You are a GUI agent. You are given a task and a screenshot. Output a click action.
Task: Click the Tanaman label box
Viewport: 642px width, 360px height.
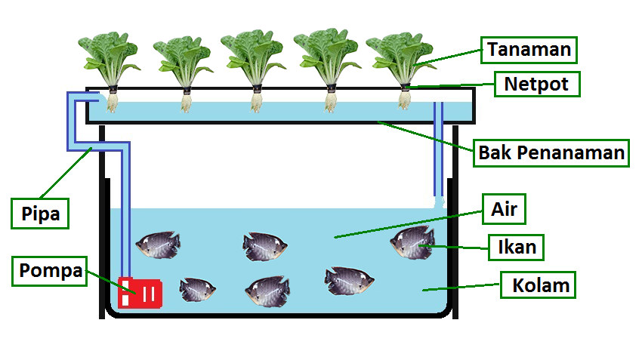pyautogui.click(x=529, y=50)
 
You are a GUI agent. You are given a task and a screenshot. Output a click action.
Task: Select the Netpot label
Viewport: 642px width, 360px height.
pyautogui.click(x=537, y=83)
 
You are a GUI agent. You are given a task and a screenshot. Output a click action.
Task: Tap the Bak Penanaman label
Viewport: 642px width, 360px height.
pyautogui.click(x=551, y=153)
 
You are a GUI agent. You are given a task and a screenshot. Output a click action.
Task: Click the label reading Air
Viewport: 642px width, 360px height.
pyautogui.click(x=504, y=208)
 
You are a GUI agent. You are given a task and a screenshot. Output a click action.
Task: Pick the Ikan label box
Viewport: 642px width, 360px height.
pyautogui.click(x=517, y=246)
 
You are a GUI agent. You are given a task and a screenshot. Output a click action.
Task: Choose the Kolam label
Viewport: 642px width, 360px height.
pyautogui.click(x=540, y=286)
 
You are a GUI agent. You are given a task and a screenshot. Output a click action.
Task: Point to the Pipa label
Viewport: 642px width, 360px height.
pyautogui.click(x=40, y=213)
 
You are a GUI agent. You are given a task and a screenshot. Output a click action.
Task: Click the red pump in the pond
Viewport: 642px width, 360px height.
pyautogui.click(x=140, y=291)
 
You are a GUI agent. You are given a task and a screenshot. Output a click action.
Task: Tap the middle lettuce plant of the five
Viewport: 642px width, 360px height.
pyautogui.click(x=253, y=57)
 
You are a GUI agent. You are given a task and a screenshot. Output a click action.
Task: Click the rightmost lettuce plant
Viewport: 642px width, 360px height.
pyautogui.click(x=399, y=57)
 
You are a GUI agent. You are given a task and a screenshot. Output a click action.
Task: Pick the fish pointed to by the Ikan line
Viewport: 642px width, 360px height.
pyautogui.click(x=412, y=242)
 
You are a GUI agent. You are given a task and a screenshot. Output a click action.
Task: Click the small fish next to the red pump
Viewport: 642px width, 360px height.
pyautogui.click(x=198, y=289)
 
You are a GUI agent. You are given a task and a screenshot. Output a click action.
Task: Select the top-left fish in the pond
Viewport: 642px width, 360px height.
pyautogui.click(x=158, y=244)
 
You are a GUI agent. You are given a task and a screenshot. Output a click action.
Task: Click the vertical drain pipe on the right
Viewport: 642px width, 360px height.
pyautogui.click(x=438, y=151)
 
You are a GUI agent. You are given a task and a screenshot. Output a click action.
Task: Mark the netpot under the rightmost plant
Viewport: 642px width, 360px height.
pyautogui.click(x=405, y=88)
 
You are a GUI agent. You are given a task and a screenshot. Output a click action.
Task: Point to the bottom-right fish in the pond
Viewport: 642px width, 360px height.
pyautogui.click(x=348, y=281)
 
